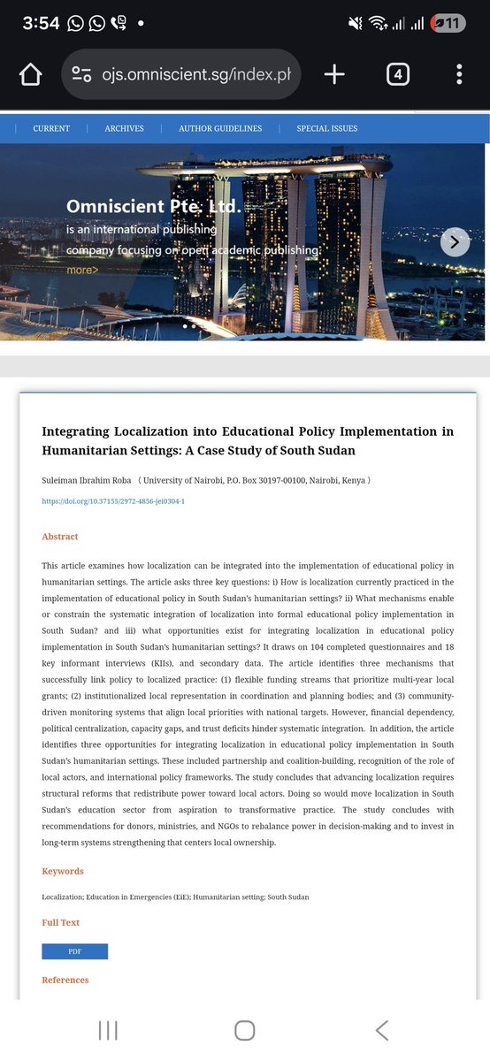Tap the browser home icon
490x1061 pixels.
pos(30,74)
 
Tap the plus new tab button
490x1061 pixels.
pos(334,74)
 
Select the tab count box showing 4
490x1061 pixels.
pos(398,74)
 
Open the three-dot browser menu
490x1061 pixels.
pos(459,74)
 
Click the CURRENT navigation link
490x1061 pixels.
pos(51,128)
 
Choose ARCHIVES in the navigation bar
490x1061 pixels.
pos(124,128)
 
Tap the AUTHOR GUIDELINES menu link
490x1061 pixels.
pos(220,128)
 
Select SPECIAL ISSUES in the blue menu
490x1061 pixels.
pos(327,128)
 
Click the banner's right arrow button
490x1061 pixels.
pos(455,241)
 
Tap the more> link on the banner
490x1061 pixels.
pos(82,270)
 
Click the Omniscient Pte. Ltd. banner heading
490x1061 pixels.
pos(153,207)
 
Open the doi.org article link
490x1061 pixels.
pos(113,501)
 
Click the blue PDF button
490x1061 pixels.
pos(74,951)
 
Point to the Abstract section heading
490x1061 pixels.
pos(60,537)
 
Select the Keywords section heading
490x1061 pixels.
pos(63,871)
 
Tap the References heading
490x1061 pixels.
pos(65,980)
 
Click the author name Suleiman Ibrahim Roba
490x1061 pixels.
pos(84,480)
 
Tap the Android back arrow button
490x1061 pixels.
pos(382,1030)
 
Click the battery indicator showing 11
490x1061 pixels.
pos(448,24)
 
